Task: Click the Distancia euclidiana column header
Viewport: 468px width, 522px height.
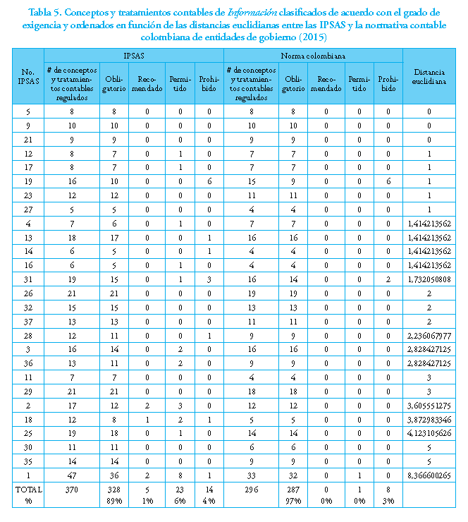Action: (x=429, y=76)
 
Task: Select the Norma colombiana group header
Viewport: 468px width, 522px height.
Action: (x=313, y=54)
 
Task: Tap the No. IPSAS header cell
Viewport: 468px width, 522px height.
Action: (x=28, y=76)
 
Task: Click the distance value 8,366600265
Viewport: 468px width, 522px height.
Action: (x=429, y=474)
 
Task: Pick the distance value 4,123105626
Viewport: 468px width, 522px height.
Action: (x=429, y=433)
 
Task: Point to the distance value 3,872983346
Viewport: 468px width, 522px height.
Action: (x=429, y=420)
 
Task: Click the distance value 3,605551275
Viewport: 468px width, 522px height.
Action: (x=429, y=406)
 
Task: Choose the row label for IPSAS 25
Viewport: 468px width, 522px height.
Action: (x=28, y=433)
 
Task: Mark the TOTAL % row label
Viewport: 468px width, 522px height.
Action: (x=28, y=494)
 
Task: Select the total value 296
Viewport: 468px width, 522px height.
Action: (x=252, y=489)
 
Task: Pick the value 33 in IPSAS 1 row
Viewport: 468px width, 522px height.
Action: (x=252, y=474)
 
